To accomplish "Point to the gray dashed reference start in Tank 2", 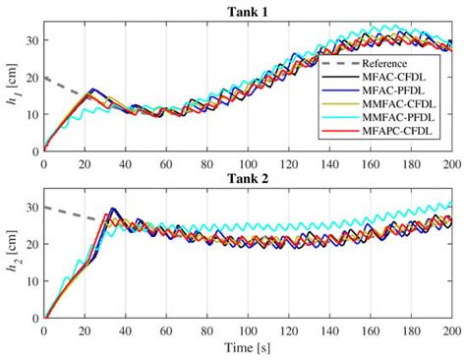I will (x=46, y=208).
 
